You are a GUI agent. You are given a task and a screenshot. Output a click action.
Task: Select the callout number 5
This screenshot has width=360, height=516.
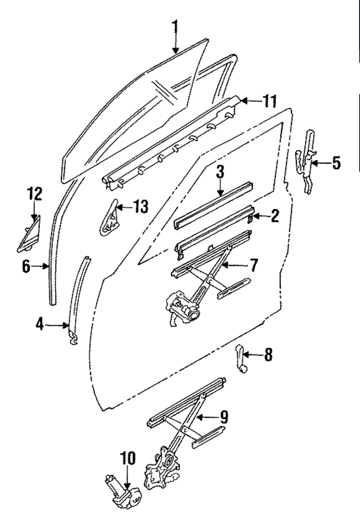coord(335,163)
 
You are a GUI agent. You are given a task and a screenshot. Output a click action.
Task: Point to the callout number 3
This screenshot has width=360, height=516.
coord(220,172)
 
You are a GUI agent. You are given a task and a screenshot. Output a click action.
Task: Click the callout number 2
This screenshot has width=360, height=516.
coord(274,216)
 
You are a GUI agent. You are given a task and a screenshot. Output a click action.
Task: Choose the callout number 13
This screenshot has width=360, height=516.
coord(141,207)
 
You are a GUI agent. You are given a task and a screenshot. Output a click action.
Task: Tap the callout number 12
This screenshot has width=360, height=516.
coord(35,194)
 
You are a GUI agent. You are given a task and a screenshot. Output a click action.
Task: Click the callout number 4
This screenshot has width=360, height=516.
coord(39,325)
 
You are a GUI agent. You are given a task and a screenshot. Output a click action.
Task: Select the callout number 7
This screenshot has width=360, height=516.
coord(253,265)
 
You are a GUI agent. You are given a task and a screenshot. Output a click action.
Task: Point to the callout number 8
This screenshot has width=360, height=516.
coord(268,355)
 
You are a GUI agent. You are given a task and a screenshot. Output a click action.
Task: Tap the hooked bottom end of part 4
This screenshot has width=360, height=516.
coord(74,338)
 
